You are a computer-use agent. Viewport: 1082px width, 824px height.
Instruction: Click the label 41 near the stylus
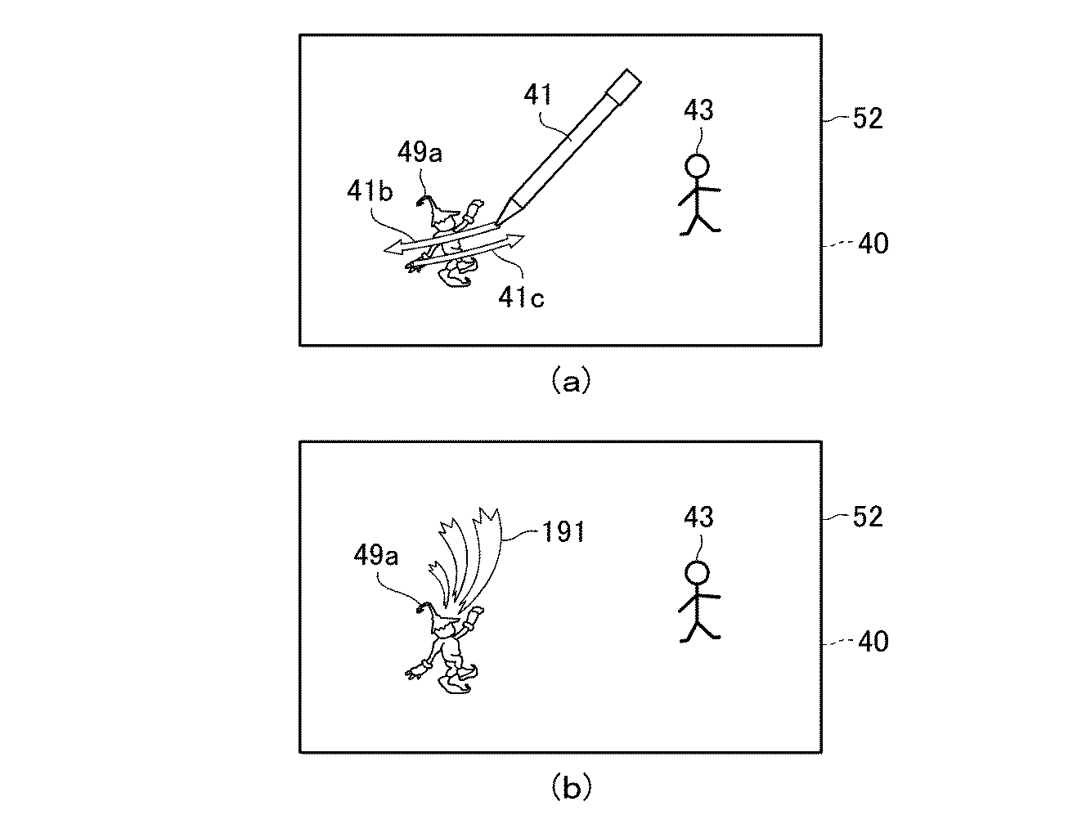(538, 94)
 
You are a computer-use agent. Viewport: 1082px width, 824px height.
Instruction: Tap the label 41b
(370, 190)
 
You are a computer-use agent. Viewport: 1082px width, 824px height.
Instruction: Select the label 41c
(521, 297)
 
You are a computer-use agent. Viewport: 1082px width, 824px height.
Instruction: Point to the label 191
(563, 531)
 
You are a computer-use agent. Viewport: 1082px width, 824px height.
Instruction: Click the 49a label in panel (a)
(420, 152)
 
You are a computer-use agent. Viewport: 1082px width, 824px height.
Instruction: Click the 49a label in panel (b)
(375, 556)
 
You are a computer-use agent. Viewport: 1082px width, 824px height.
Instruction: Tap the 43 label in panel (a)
(698, 110)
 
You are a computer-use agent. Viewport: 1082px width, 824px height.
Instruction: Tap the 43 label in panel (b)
(698, 517)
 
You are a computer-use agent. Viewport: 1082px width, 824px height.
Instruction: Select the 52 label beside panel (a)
(868, 119)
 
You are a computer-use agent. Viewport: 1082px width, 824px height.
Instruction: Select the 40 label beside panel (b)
(873, 642)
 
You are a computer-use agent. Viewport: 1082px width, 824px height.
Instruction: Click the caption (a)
(570, 380)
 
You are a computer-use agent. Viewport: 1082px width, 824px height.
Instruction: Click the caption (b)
(570, 786)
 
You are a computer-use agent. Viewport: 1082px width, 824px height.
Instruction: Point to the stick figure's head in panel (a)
(697, 166)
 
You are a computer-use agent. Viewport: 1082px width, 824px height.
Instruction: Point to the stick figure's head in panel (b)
(697, 573)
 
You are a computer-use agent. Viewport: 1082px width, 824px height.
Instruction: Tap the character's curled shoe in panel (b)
(455, 684)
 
